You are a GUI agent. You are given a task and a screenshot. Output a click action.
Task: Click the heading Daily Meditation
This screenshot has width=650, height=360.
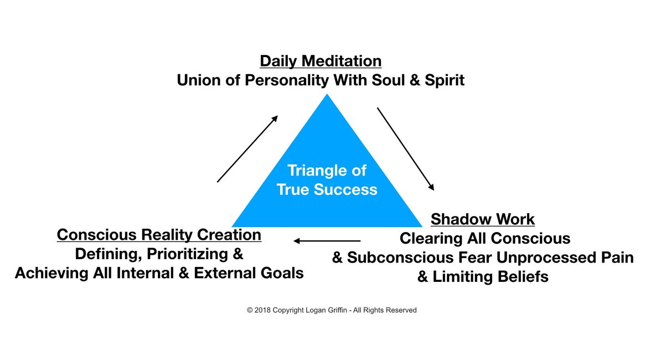pyautogui.click(x=321, y=61)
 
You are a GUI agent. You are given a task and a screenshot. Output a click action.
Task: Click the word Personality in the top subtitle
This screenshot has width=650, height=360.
pyautogui.click(x=281, y=80)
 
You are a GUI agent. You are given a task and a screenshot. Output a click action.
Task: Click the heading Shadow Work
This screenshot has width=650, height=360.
pyautogui.click(x=482, y=219)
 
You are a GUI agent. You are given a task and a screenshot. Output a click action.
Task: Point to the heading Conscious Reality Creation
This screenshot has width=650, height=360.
pyautogui.click(x=159, y=235)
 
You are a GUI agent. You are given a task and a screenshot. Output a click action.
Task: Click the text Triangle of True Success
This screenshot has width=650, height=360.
pyautogui.click(x=327, y=180)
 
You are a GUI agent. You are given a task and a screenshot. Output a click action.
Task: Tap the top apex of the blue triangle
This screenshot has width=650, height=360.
pyautogui.click(x=327, y=96)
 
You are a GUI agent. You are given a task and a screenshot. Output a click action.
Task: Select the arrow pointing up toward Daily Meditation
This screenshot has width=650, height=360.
pyautogui.click(x=247, y=148)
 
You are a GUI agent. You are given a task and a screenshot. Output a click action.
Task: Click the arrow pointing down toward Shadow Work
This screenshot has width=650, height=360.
pyautogui.click(x=405, y=148)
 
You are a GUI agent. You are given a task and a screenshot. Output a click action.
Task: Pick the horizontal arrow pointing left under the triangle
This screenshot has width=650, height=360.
pyautogui.click(x=327, y=241)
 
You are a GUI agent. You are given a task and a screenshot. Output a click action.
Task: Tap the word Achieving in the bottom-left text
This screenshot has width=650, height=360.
pyautogui.click(x=45, y=273)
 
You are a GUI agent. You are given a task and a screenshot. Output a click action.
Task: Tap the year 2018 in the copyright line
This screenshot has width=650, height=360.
pyautogui.click(x=263, y=310)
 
